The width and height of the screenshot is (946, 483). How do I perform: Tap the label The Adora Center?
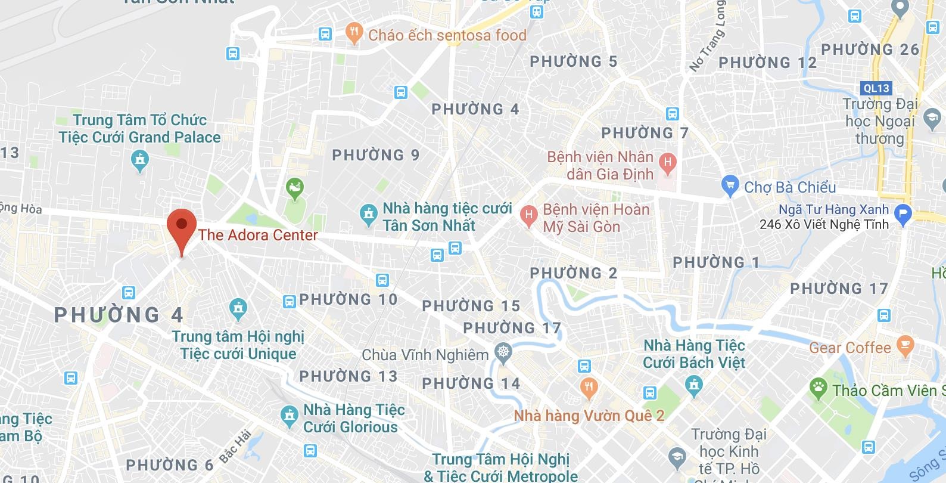[x=258, y=235]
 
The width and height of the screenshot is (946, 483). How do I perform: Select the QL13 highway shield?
[x=876, y=88]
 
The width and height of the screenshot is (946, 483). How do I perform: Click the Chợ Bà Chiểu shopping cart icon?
[x=730, y=186]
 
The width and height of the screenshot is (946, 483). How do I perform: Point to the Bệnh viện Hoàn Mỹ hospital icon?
[x=528, y=216]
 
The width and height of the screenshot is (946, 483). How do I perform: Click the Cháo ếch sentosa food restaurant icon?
[x=354, y=34]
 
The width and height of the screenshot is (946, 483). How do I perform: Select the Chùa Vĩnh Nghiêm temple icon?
[x=504, y=354]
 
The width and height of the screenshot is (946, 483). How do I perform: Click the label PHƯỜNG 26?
[x=870, y=49]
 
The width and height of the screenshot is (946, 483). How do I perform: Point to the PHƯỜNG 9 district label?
[x=376, y=155]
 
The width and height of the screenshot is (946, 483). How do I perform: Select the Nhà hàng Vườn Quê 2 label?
[x=589, y=415]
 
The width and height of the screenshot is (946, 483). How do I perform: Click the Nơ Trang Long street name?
[x=707, y=36]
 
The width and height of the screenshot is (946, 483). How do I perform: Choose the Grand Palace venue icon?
[x=140, y=160]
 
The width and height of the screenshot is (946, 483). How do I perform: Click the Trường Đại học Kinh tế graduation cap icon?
[x=676, y=457]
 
